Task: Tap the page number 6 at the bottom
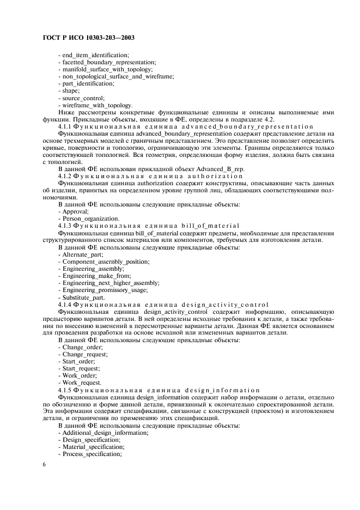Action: (x=44, y=464)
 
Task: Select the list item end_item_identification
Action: (x=93, y=55)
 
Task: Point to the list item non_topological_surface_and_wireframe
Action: (x=116, y=76)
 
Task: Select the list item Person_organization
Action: (x=88, y=218)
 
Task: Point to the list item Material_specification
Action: (x=91, y=446)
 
